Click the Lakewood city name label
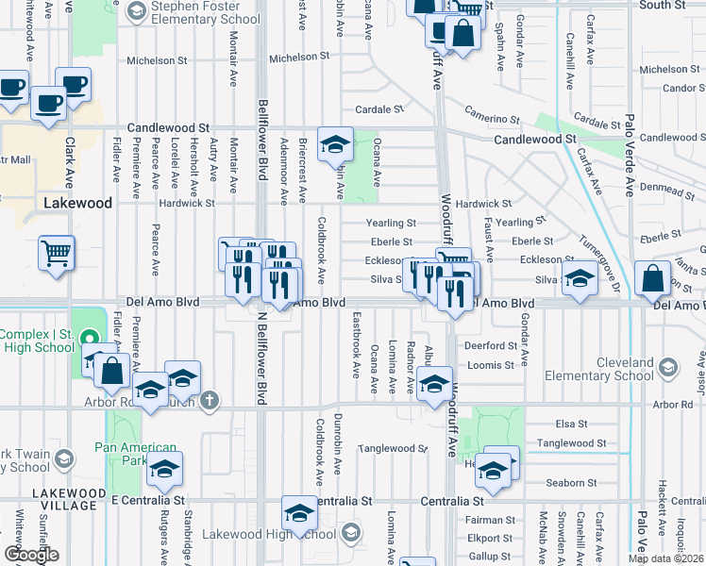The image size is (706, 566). tap(77, 203)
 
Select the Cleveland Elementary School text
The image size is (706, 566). tap(619, 369)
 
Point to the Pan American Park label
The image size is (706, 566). tap(135, 454)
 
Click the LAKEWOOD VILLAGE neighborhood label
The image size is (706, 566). tap(64, 499)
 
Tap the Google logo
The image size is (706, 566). tap(31, 554)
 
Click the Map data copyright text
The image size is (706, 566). tap(665, 558)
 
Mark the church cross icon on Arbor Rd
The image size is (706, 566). tap(209, 400)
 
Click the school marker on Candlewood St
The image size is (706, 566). tap(334, 143)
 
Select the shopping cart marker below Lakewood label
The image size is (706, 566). tap(56, 253)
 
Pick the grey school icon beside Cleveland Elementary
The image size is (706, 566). tap(668, 367)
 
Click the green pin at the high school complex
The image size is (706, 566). tap(89, 338)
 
